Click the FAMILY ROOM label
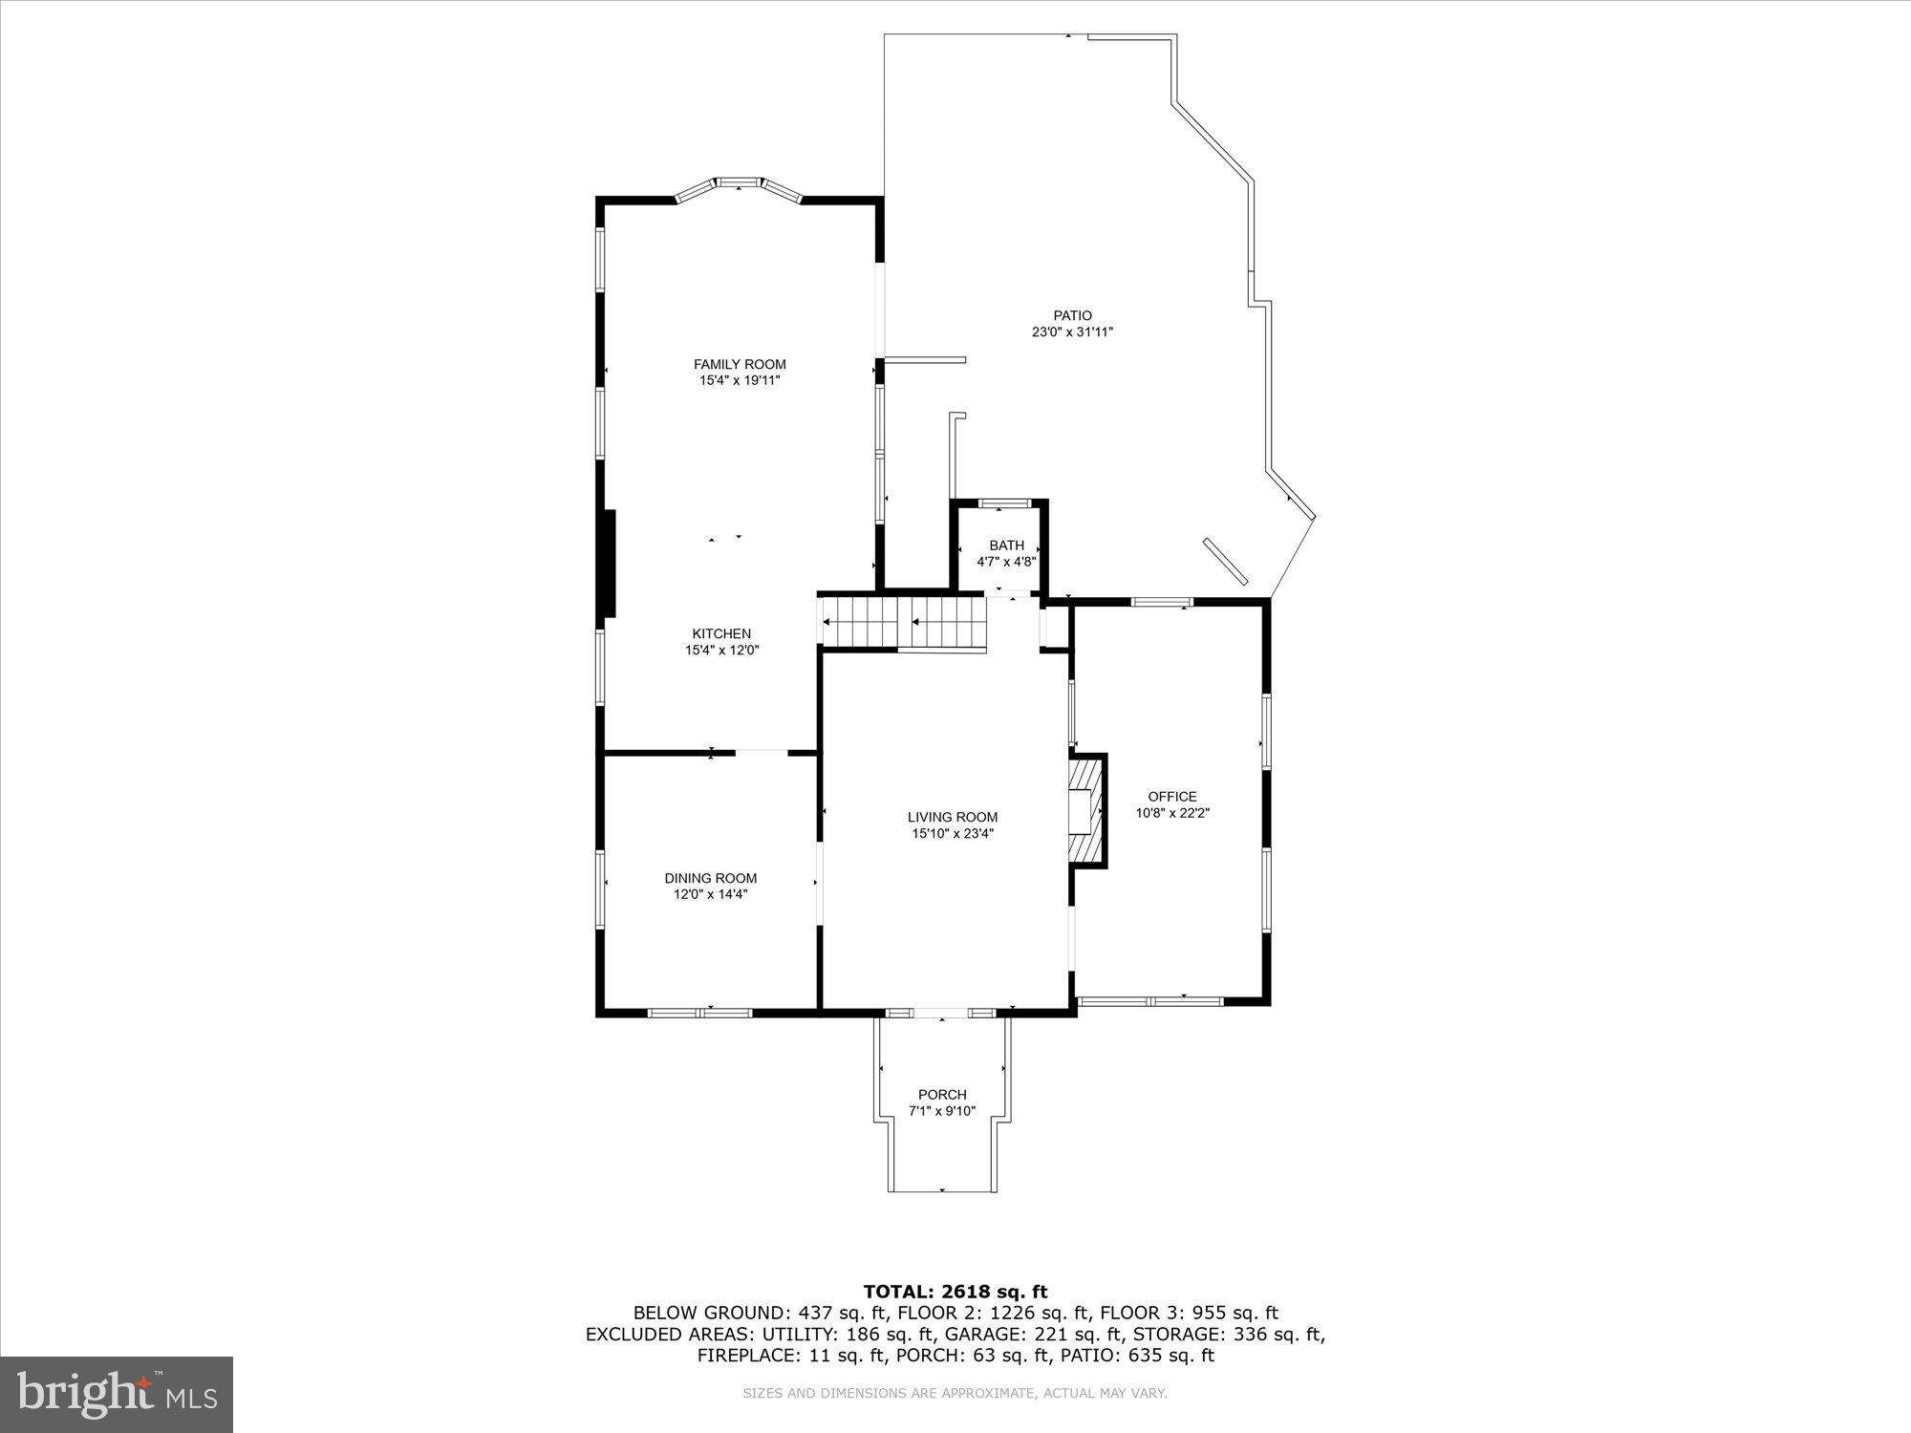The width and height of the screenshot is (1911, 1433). point(740,364)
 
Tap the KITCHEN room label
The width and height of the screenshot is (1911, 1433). point(721,633)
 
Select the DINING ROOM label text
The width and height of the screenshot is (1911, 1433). point(710,878)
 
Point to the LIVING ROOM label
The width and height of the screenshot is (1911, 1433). point(952,817)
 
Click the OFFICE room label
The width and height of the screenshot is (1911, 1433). point(1171,796)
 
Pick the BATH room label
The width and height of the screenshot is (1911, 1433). point(1006,545)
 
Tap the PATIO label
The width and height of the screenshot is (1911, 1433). point(1072,315)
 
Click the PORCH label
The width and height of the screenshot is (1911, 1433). point(942,1094)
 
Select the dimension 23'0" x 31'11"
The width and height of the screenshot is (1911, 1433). point(1072,332)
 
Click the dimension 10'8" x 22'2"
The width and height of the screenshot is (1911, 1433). point(1171,813)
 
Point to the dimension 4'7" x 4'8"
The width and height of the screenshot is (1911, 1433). point(1006,562)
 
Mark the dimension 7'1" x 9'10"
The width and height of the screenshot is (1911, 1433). point(942,1111)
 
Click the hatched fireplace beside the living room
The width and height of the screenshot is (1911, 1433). point(1085,811)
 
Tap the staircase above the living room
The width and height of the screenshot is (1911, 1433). point(903,622)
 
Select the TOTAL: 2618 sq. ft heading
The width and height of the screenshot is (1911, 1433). point(955,1293)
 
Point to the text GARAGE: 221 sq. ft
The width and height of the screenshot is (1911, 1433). point(1034,1334)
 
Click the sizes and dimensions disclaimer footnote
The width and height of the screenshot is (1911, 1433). point(955,1394)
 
